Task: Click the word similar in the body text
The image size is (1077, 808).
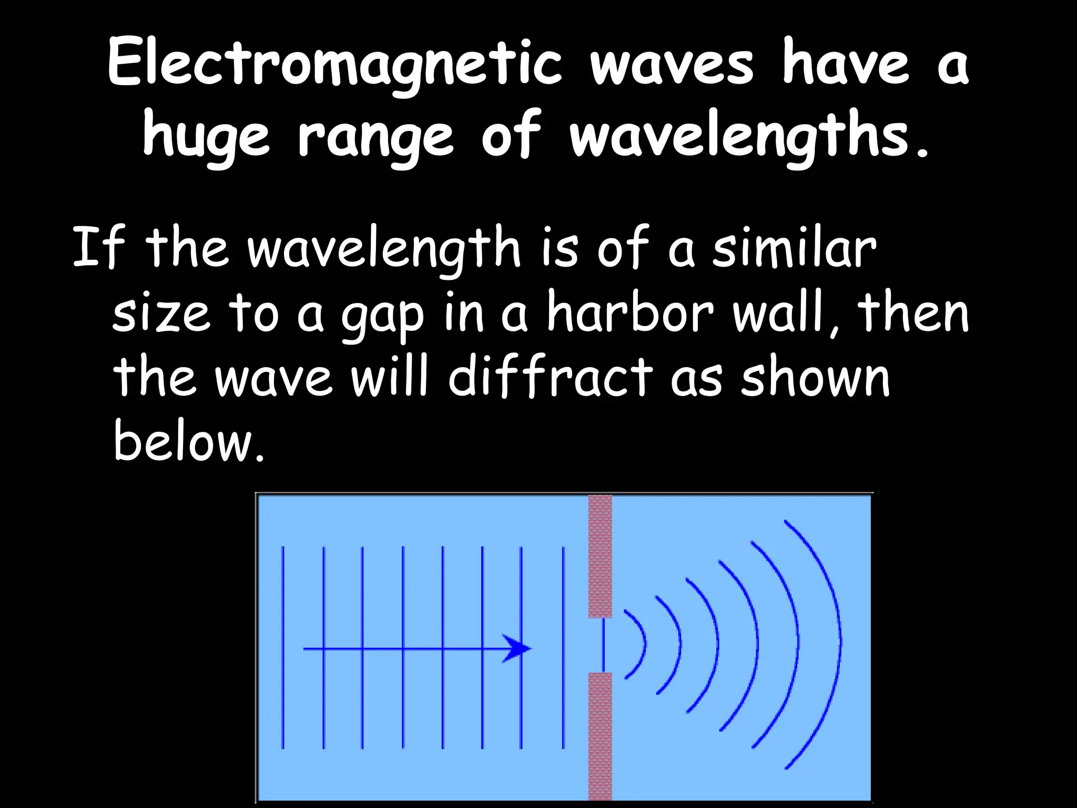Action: click(794, 247)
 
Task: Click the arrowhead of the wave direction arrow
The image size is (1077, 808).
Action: click(517, 649)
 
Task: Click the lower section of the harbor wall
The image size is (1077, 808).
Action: click(600, 736)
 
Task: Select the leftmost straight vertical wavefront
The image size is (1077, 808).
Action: click(283, 647)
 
